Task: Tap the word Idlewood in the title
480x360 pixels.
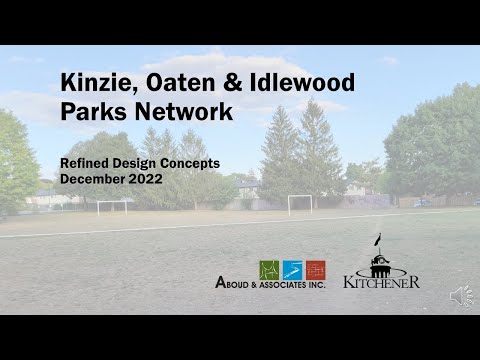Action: click(x=307, y=82)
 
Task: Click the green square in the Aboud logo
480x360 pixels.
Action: click(x=268, y=269)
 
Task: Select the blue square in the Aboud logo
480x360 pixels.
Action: click(x=292, y=269)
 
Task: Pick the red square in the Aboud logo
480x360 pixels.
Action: click(x=316, y=269)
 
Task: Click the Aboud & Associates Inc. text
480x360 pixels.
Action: click(x=270, y=284)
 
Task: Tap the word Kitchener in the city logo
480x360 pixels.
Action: click(x=381, y=282)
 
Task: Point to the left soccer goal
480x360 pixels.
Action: click(x=112, y=206)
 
